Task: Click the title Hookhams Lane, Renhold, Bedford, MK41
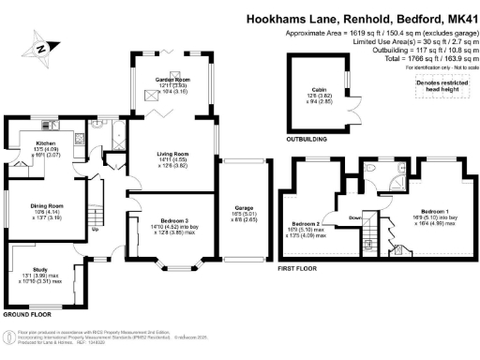360,17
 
